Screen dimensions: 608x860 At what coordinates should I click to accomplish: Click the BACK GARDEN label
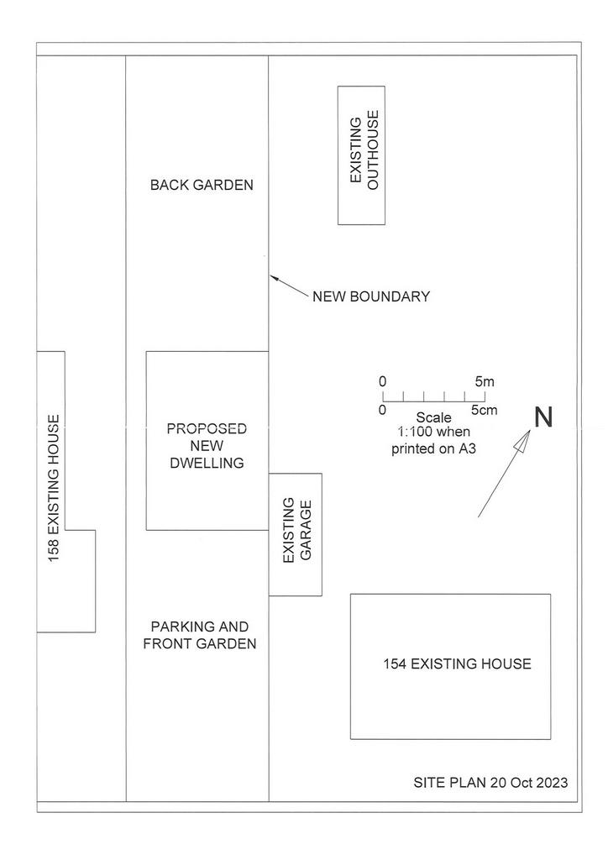tap(202, 185)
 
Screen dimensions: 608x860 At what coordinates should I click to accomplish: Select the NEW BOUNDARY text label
tap(371, 296)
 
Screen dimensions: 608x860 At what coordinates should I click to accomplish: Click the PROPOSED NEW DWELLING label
tap(207, 445)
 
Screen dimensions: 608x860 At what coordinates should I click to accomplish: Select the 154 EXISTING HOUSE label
tap(457, 663)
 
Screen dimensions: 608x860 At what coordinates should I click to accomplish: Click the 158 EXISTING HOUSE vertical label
tap(53, 488)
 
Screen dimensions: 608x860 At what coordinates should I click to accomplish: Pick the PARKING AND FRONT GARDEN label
tap(200, 635)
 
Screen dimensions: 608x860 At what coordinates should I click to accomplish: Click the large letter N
tap(543, 417)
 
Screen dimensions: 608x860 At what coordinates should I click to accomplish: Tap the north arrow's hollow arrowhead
tap(523, 441)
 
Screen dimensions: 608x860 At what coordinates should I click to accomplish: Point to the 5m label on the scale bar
tap(485, 381)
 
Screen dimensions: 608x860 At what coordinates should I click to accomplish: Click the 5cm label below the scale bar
tap(484, 410)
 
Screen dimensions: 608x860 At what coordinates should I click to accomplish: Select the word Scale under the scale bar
tap(433, 417)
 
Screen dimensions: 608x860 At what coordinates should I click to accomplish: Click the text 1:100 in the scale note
tap(414, 432)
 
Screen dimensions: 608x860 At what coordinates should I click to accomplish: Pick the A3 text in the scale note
tap(467, 448)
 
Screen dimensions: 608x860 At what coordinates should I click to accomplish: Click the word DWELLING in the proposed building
tap(207, 463)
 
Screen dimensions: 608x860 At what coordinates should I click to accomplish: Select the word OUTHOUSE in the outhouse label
tap(373, 150)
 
